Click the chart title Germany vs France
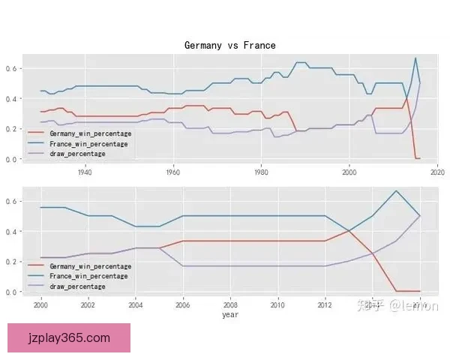pyautogui.click(x=229, y=46)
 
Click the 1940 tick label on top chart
pyautogui.click(x=85, y=172)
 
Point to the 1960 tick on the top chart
pyautogui.click(x=173, y=172)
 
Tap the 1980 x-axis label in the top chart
pyautogui.click(x=261, y=172)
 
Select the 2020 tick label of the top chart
pyautogui.click(x=437, y=172)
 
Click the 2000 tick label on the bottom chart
pyautogui.click(x=40, y=305)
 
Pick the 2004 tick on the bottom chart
pyautogui.click(x=135, y=305)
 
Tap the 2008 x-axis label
pyautogui.click(x=230, y=305)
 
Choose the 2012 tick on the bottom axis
pyautogui.click(x=325, y=305)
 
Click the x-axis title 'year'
pyautogui.click(x=230, y=315)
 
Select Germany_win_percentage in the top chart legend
pyautogui.click(x=90, y=133)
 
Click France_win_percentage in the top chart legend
pyautogui.click(x=87, y=143)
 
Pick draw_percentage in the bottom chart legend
pyautogui.click(x=77, y=286)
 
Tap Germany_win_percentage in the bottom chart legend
pyautogui.click(x=90, y=266)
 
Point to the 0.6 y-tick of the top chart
pyautogui.click(x=13, y=68)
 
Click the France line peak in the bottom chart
pyautogui.click(x=396, y=190)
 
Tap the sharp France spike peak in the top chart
pyautogui.click(x=415, y=58)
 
